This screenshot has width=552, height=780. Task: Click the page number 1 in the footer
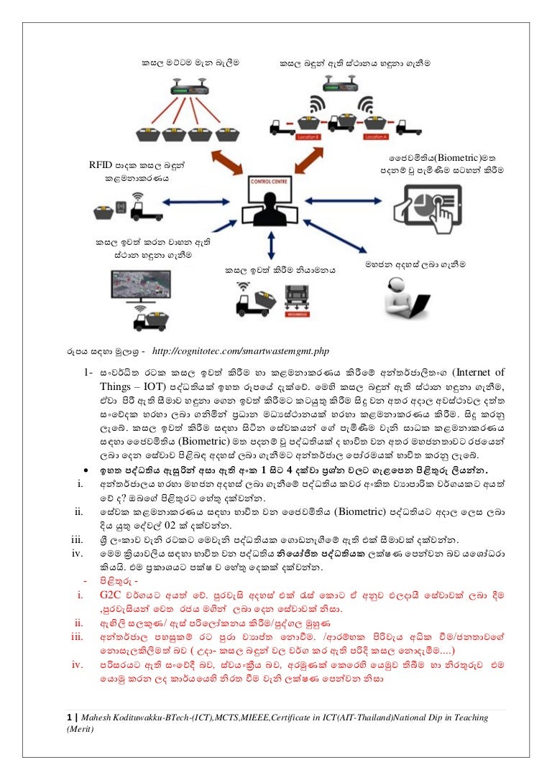[68, 717]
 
